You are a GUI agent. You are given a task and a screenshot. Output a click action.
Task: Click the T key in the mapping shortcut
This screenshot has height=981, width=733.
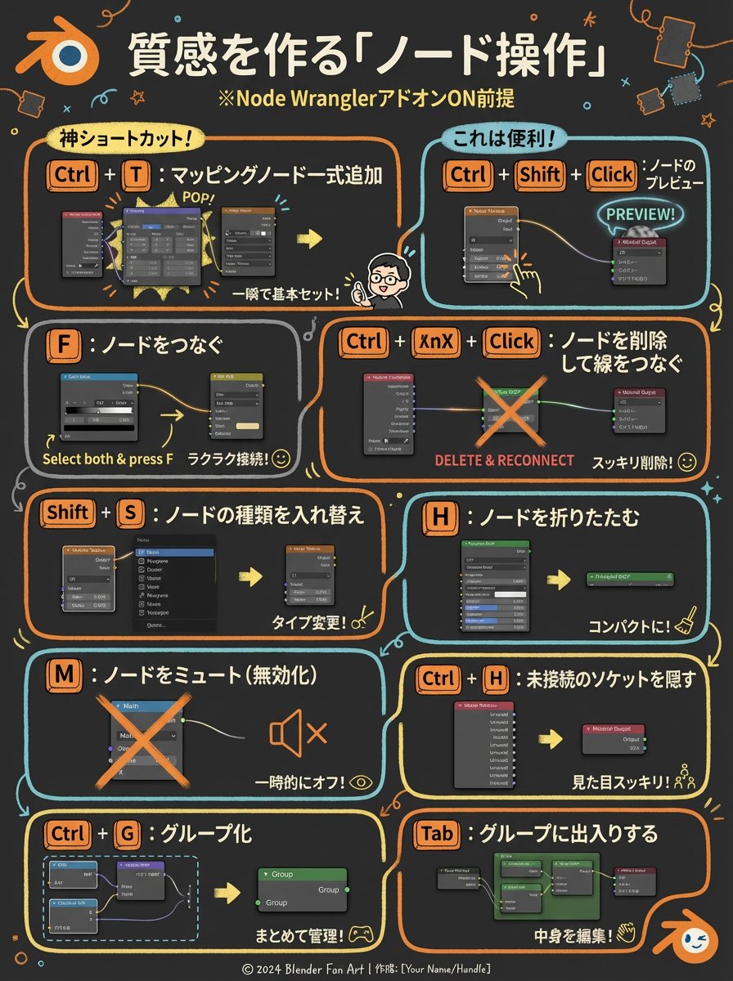coord(135,175)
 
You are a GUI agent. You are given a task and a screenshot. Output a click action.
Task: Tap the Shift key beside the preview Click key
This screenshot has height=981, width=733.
coord(539,175)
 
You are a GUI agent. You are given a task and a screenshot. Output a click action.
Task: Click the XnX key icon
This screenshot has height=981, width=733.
coord(435,342)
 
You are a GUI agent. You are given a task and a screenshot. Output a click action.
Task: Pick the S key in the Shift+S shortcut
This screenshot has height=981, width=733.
coord(131,513)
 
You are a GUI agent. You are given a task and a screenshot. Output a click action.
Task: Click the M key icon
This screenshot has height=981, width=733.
coord(63,674)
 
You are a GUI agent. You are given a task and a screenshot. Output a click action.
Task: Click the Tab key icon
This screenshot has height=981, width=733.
coord(436,833)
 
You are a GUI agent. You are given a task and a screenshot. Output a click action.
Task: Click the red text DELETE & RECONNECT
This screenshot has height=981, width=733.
coord(504,460)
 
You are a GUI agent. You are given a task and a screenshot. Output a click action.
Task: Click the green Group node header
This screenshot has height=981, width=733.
coord(302,874)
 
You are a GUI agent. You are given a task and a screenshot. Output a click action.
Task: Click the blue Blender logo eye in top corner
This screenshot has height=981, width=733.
coord(71,56)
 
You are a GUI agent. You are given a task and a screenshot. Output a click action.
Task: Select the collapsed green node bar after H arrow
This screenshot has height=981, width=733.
coord(630,578)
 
